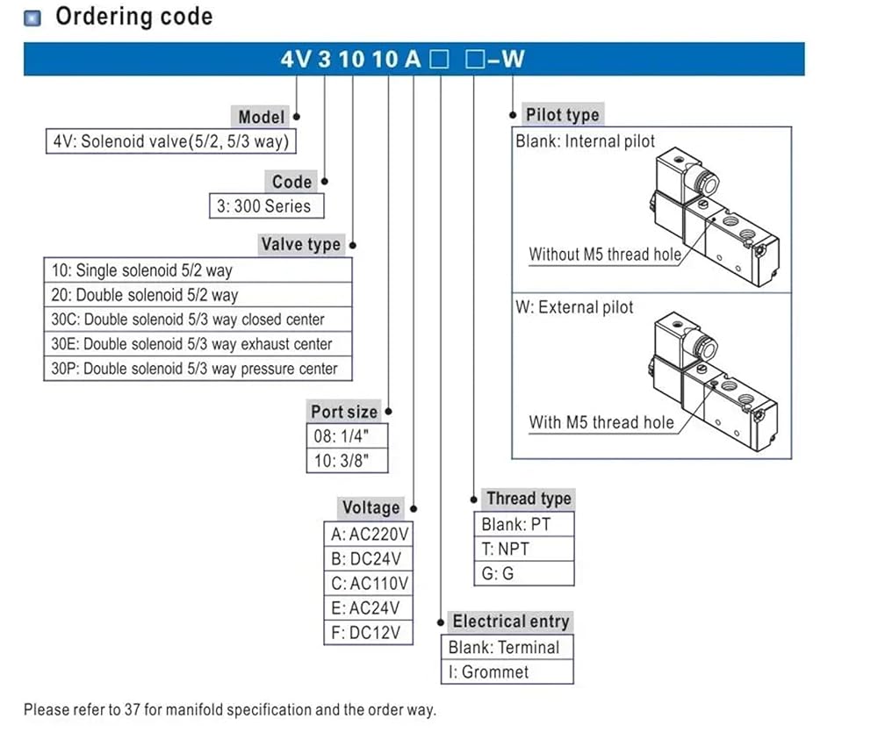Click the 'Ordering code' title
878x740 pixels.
point(134,17)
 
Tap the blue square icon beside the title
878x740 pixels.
point(32,18)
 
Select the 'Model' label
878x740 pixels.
point(261,117)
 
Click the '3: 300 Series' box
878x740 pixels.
point(267,206)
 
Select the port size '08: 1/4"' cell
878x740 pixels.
point(347,436)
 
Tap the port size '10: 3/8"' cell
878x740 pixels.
point(347,461)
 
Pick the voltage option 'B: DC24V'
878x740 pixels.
point(369,558)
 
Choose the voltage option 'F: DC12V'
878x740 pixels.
point(369,633)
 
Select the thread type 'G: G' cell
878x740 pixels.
point(524,574)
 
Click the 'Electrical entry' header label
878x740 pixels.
point(511,621)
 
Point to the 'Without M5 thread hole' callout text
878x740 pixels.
point(605,255)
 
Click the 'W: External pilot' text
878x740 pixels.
point(574,307)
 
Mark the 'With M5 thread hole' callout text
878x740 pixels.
point(601,422)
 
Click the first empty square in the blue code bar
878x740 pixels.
point(439,60)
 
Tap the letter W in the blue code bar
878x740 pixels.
point(513,59)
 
